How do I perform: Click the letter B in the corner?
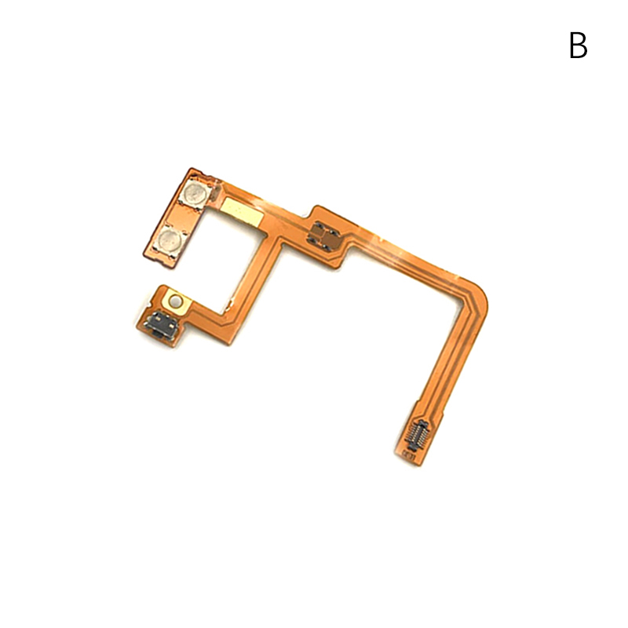click(579, 46)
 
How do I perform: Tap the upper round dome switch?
click(195, 193)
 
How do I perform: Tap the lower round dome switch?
click(170, 240)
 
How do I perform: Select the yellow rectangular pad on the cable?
click(243, 210)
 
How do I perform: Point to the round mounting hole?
click(175, 300)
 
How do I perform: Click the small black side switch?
click(160, 322)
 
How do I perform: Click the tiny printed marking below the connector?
click(407, 455)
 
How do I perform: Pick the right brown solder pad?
click(330, 239)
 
